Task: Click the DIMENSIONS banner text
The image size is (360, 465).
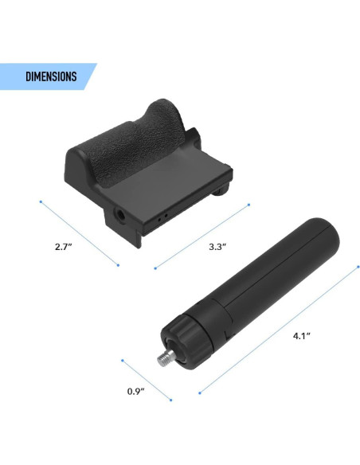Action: click(51, 76)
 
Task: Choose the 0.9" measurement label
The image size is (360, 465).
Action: click(137, 391)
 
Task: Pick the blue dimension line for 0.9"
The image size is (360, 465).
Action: click(147, 380)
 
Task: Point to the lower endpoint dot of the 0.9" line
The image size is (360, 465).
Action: click(172, 401)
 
